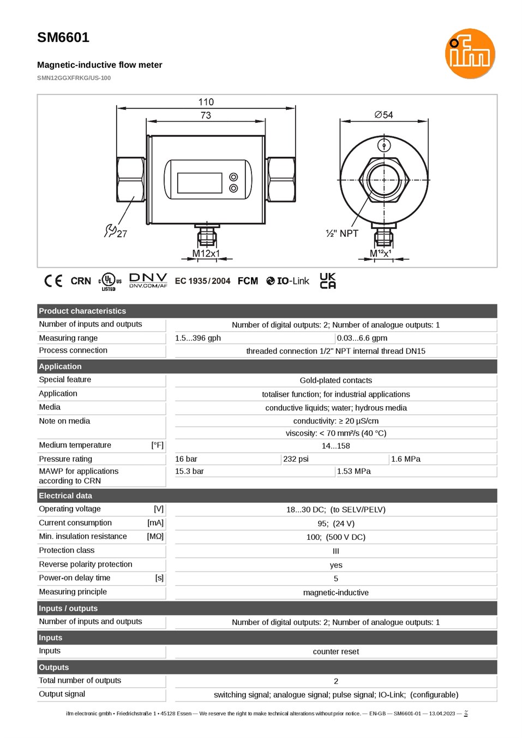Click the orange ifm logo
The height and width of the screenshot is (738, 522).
click(x=470, y=53)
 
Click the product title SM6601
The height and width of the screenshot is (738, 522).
click(x=63, y=38)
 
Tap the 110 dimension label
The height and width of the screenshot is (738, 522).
click(x=206, y=102)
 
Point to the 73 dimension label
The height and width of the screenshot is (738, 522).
click(x=206, y=115)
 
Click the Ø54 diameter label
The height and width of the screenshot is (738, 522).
click(x=383, y=115)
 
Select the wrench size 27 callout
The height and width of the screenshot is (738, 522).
click(x=116, y=231)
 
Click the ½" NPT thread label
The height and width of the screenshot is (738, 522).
click(x=341, y=233)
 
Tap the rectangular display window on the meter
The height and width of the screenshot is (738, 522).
click(x=200, y=183)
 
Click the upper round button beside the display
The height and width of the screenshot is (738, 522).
click(x=233, y=177)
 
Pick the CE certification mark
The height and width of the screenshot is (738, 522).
click(x=53, y=281)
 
